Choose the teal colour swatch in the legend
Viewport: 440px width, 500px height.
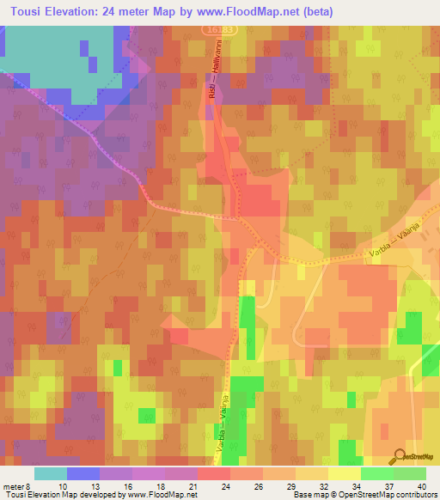coord(51,473)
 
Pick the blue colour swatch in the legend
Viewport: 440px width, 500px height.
coord(83,473)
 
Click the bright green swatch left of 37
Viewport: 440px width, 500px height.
coord(377,473)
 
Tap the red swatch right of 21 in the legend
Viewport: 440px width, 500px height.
coord(214,473)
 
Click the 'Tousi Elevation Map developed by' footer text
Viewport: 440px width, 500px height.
coord(52,495)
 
